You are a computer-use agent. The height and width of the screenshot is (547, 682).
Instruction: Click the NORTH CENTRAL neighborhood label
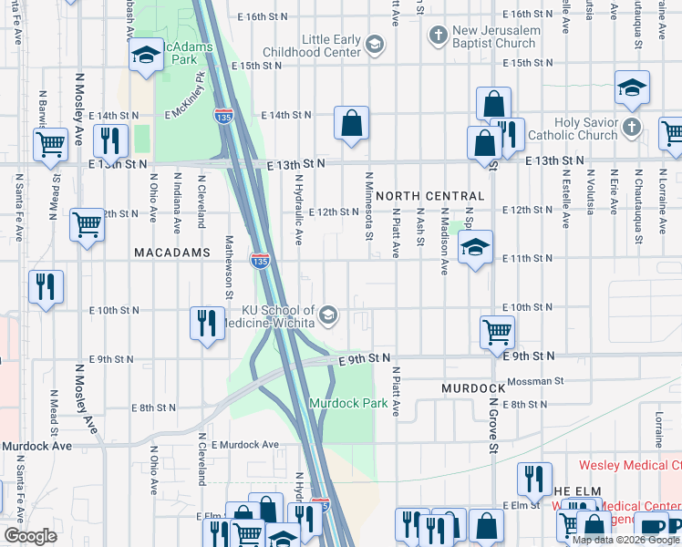tap(429, 196)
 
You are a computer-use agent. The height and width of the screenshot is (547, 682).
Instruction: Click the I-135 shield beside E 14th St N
tap(222, 116)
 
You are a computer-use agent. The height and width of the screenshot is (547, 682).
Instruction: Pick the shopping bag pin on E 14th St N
tap(351, 122)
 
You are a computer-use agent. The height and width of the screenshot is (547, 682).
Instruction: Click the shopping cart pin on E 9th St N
tap(497, 331)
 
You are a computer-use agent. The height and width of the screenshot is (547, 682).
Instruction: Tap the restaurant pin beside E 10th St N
tap(207, 323)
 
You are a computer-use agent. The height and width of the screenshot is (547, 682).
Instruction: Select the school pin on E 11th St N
tap(474, 247)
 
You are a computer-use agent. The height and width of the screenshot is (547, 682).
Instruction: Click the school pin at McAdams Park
tap(145, 56)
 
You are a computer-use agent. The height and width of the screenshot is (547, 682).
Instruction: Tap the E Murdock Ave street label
tap(244, 444)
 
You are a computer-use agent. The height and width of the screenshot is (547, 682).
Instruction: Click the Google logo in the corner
tap(29, 536)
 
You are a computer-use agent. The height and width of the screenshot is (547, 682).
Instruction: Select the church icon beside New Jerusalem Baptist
tap(439, 37)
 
